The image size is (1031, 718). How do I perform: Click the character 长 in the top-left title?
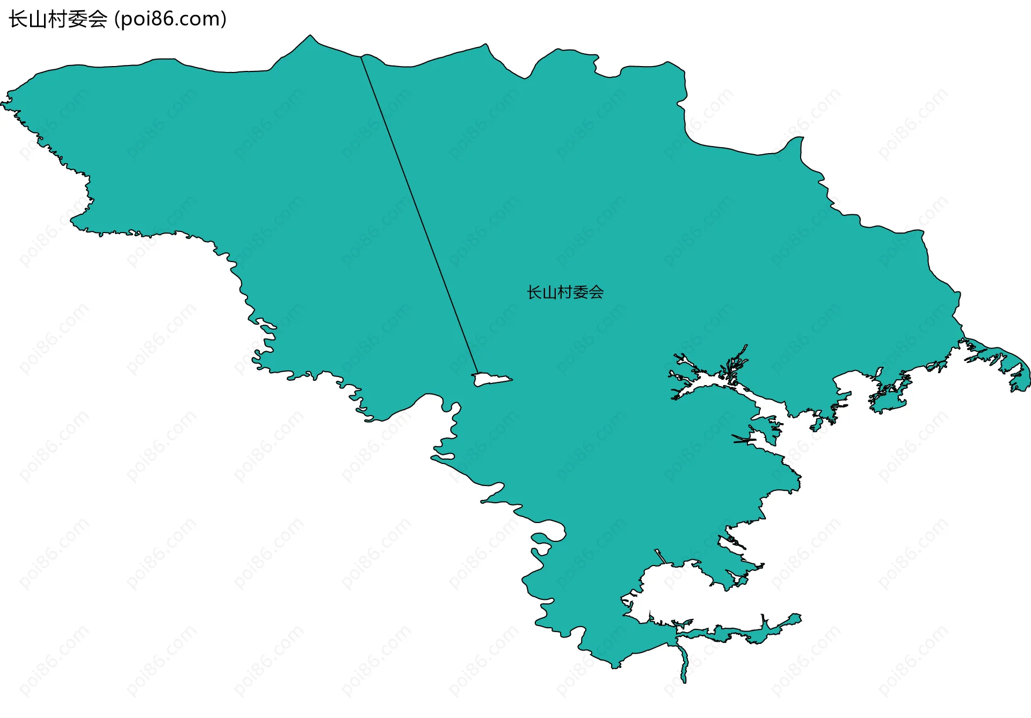(18, 19)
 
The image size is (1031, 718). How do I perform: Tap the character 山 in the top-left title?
(38, 19)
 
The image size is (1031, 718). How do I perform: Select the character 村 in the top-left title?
(58, 19)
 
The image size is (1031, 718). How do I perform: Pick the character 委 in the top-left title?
(78, 19)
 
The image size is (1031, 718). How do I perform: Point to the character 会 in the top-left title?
(98, 19)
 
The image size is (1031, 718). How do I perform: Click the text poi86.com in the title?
(170, 19)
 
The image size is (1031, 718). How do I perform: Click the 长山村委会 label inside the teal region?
(565, 292)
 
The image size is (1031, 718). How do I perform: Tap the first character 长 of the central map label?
(534, 292)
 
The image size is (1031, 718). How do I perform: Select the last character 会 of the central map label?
(596, 292)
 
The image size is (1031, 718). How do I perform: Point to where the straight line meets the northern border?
(361, 56)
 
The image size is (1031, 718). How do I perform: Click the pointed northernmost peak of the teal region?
(310, 37)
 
